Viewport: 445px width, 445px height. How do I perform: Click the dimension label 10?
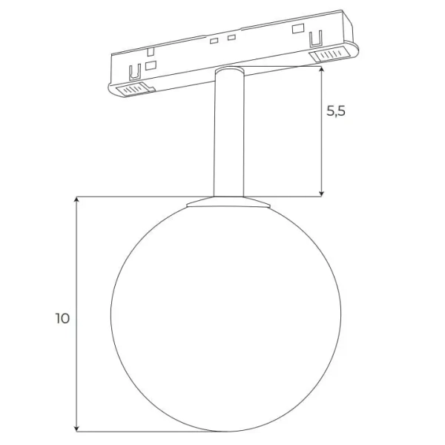pos(62,319)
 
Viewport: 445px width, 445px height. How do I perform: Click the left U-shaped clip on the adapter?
pos(135,74)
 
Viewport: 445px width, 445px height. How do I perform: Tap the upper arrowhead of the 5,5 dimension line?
pos(322,69)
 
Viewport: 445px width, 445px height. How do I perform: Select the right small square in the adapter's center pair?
pos(231,37)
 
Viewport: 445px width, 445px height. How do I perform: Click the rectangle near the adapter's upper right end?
pos(299,29)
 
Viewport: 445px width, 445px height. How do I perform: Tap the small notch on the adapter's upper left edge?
pos(151,51)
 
